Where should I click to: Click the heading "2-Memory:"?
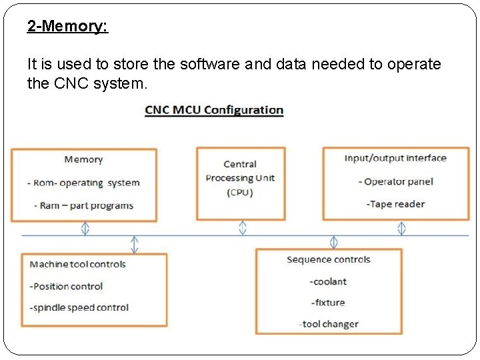67,27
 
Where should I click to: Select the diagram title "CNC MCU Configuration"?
214,110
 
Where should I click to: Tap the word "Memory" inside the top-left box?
83,159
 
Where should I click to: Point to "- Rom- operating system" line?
83,183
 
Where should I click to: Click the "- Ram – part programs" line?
83,205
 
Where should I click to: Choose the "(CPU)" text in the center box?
240,193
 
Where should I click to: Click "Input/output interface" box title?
395,158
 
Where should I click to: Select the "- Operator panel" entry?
395,181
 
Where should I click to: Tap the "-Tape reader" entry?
395,204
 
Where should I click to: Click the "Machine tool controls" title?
77,264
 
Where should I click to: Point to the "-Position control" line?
66,286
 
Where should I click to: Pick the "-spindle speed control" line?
79,307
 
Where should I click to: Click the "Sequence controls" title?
329,259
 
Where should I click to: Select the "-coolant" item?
328,281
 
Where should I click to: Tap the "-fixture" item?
328,303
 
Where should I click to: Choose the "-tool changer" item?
329,324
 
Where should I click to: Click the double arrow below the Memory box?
85,228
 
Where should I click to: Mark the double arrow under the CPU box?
242,228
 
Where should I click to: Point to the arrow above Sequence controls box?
334,242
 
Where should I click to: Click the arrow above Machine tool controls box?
135,244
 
